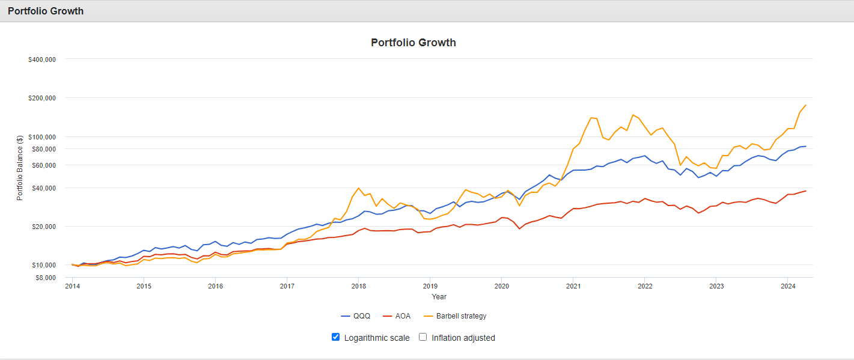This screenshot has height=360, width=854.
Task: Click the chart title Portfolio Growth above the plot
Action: (413, 43)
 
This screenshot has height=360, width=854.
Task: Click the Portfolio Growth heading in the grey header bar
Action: (46, 11)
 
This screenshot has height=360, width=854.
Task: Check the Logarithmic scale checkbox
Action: (336, 337)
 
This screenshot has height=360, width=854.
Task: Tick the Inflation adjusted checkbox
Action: (422, 337)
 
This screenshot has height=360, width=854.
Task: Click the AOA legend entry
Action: (397, 316)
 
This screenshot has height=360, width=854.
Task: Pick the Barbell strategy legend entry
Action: (455, 316)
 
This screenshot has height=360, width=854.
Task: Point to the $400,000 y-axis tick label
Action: (42, 59)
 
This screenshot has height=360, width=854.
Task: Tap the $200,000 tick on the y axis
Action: (42, 98)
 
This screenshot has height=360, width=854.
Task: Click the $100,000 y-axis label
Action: (42, 136)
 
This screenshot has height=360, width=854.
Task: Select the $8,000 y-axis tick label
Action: (44, 278)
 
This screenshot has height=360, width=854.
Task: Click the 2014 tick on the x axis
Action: (72, 286)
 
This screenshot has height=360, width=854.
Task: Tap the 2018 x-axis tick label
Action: (359, 286)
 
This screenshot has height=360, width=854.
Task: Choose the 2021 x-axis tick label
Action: (573, 286)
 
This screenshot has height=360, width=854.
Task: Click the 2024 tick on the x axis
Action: (787, 286)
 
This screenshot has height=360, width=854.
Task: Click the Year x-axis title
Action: (439, 296)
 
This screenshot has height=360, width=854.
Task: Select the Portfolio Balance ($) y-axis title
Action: (20, 167)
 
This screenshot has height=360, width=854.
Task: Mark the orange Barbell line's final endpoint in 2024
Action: (805, 105)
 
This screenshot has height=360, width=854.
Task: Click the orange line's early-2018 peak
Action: (359, 188)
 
